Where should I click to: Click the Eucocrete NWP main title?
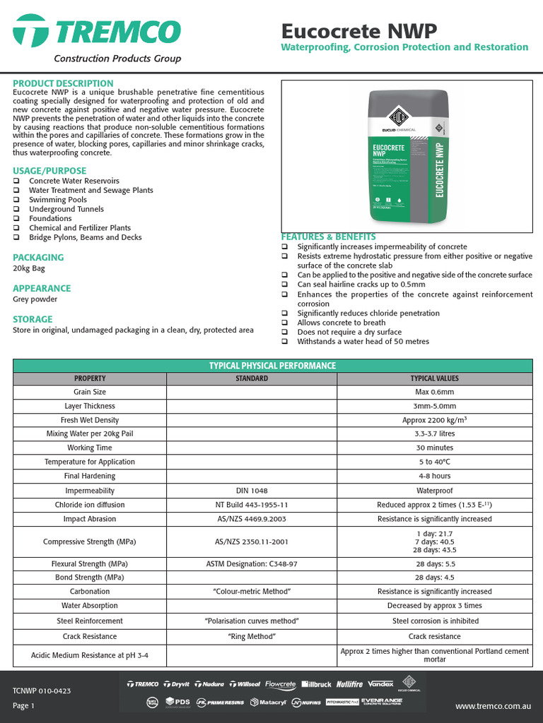pos(358,31)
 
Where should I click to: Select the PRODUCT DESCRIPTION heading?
pos(63,83)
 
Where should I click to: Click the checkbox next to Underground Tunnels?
pos(16,209)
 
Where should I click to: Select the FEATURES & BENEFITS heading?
pos(329,237)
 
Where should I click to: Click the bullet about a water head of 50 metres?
pos(363,342)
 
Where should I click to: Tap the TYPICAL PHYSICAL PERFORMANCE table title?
pos(272,366)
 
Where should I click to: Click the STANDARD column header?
pos(252,378)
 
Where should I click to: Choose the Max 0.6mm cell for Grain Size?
pos(435,392)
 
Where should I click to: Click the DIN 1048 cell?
pos(252,491)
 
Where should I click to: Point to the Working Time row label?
pos(90,448)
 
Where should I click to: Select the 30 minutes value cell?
pos(435,448)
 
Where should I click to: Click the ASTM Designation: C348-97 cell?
pos(252,564)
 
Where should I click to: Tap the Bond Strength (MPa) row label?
pos(90,578)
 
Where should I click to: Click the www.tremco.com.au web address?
pos(492,706)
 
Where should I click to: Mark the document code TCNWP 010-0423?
pos(42,691)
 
